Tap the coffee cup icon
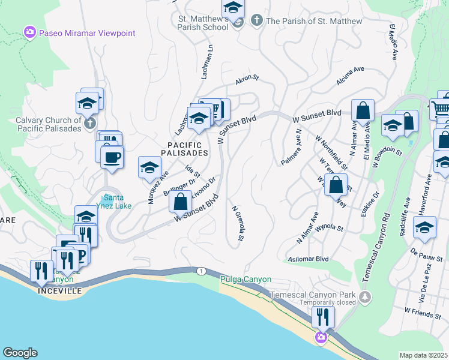112,158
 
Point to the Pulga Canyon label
246,280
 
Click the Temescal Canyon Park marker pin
364,296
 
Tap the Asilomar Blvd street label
310,259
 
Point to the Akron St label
247,78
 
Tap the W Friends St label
423,311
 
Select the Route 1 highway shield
199,271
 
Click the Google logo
20,353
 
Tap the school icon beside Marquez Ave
149,167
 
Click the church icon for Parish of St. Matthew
256,21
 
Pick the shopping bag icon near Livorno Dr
180,202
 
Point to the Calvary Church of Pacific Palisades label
49,124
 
